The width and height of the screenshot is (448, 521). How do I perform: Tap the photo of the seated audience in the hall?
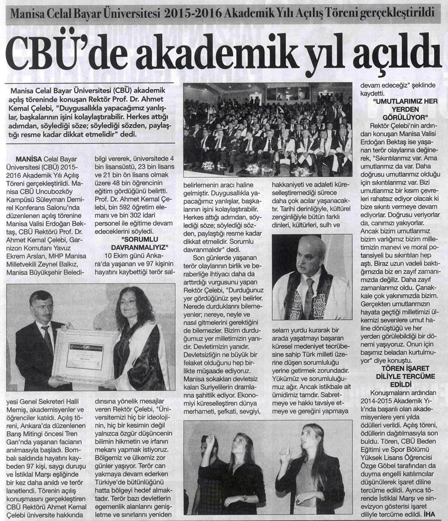click(267, 129)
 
